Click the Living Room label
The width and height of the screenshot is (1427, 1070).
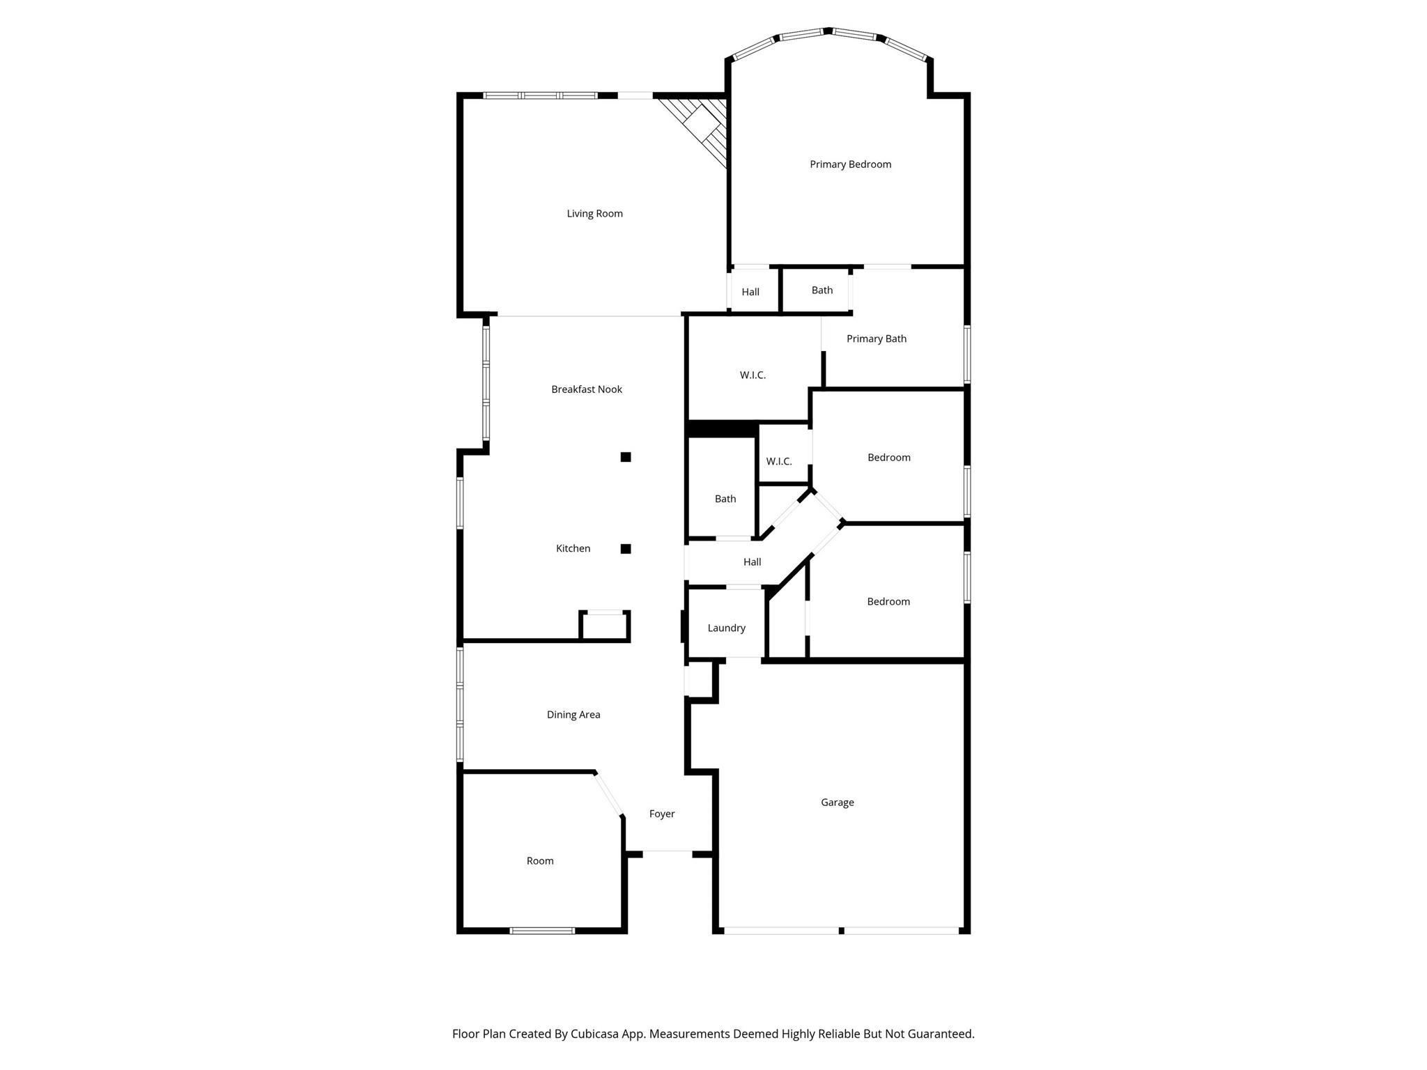click(594, 214)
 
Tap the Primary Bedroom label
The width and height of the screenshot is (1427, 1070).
click(850, 164)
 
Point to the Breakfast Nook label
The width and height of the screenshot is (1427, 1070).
click(587, 389)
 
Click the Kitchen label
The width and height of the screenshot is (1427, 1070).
click(573, 549)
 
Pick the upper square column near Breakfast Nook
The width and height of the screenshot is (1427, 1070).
click(626, 457)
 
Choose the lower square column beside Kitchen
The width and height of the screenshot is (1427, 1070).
click(626, 549)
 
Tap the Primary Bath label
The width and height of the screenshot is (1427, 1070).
click(877, 339)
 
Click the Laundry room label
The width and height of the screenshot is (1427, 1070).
click(726, 628)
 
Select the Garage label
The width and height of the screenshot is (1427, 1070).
click(837, 802)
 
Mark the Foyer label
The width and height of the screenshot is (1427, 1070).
click(662, 814)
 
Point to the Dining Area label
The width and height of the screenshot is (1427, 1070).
click(573, 715)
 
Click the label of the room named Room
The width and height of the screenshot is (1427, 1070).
click(540, 861)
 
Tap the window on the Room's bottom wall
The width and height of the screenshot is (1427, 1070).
click(542, 931)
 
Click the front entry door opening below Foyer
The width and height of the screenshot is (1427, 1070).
click(667, 851)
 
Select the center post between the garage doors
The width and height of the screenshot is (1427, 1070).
click(841, 931)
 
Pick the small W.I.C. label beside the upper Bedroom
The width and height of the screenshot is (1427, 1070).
click(779, 462)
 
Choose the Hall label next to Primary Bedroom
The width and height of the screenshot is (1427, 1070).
click(750, 292)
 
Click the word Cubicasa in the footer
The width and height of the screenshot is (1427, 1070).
click(596, 1034)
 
